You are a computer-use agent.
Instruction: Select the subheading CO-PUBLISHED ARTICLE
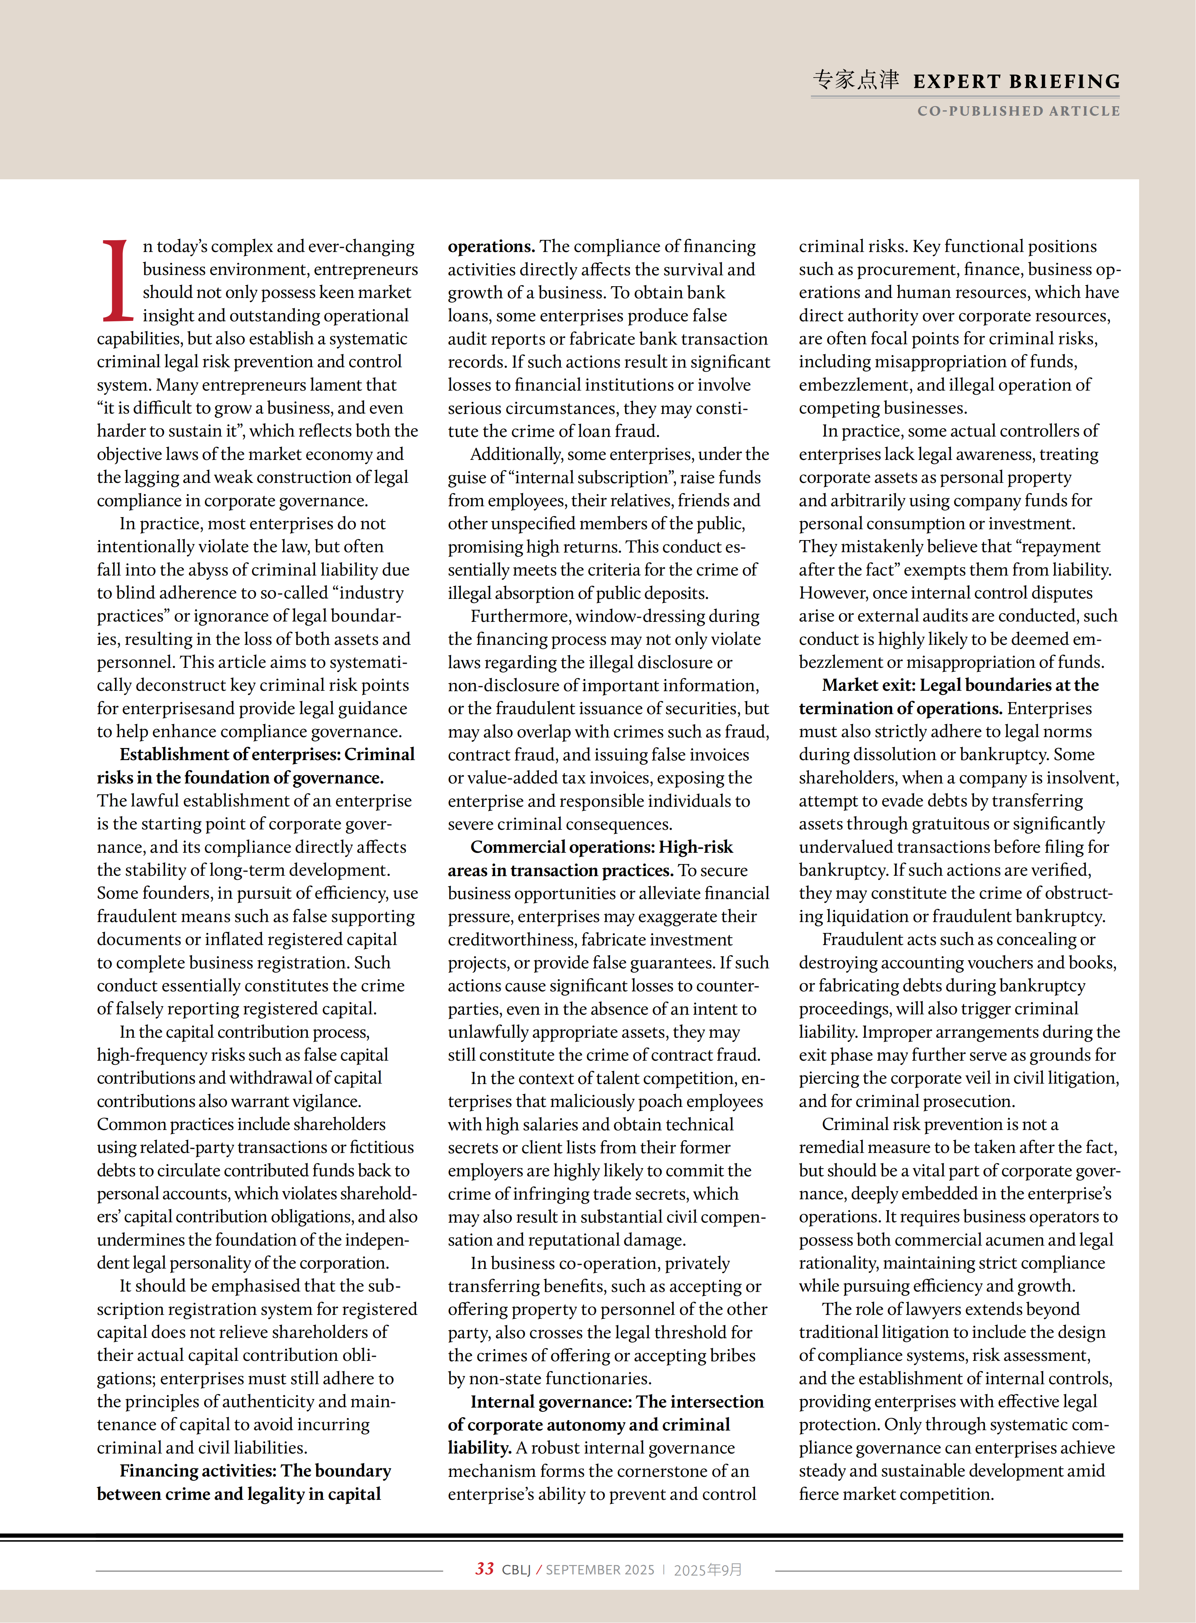point(1018,111)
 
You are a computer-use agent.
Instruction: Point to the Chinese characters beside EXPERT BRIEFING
point(856,79)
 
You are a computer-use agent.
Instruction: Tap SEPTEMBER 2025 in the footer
point(599,1570)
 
